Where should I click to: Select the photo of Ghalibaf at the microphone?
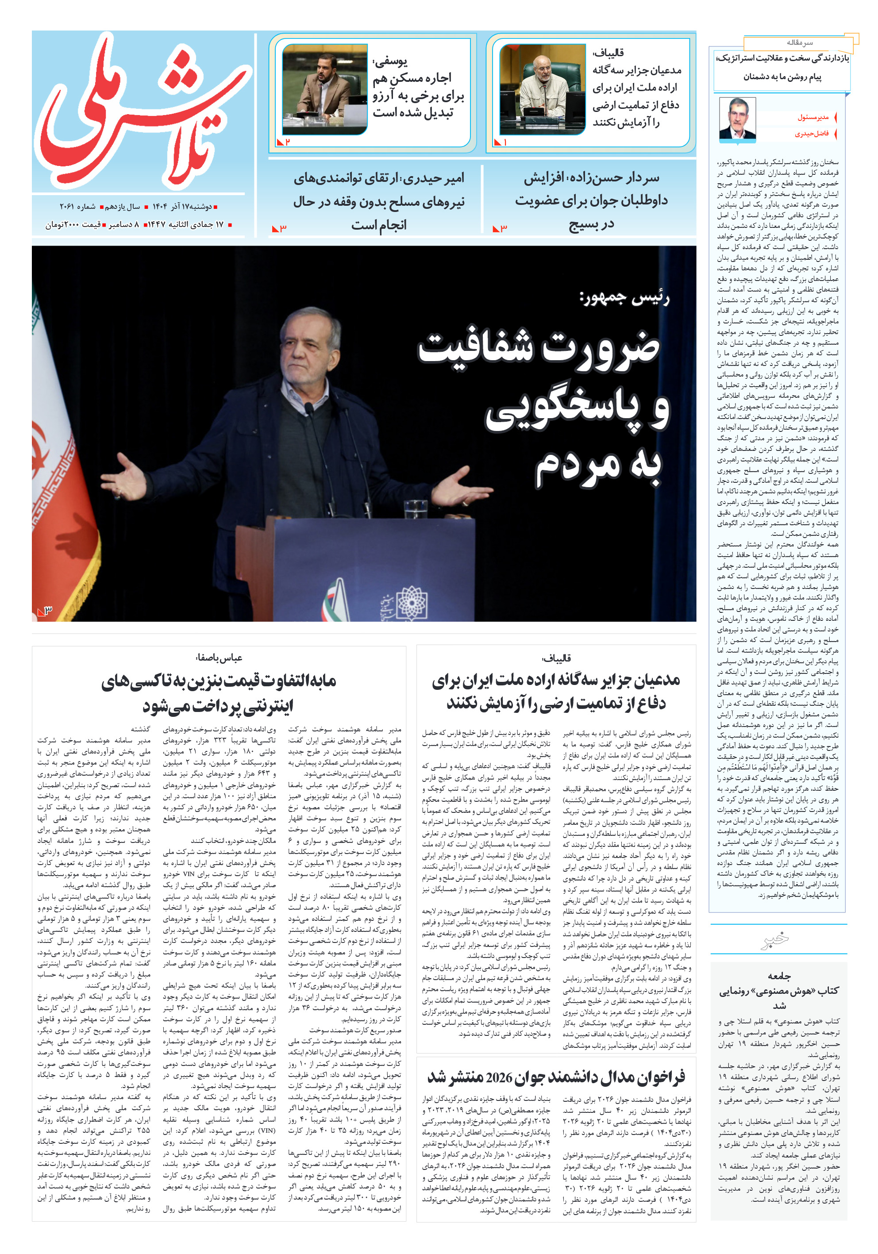coord(542,89)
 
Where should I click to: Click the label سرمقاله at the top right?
coord(799,42)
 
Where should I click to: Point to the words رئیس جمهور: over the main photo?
coord(624,298)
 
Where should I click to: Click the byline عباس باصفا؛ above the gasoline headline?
coord(219,658)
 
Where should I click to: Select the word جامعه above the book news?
coord(778,976)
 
